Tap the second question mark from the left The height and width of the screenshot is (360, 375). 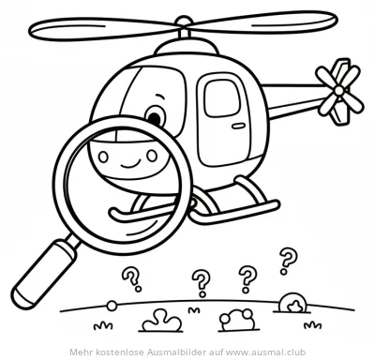[x=200, y=280]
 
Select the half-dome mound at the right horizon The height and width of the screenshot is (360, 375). [x=293, y=302]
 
